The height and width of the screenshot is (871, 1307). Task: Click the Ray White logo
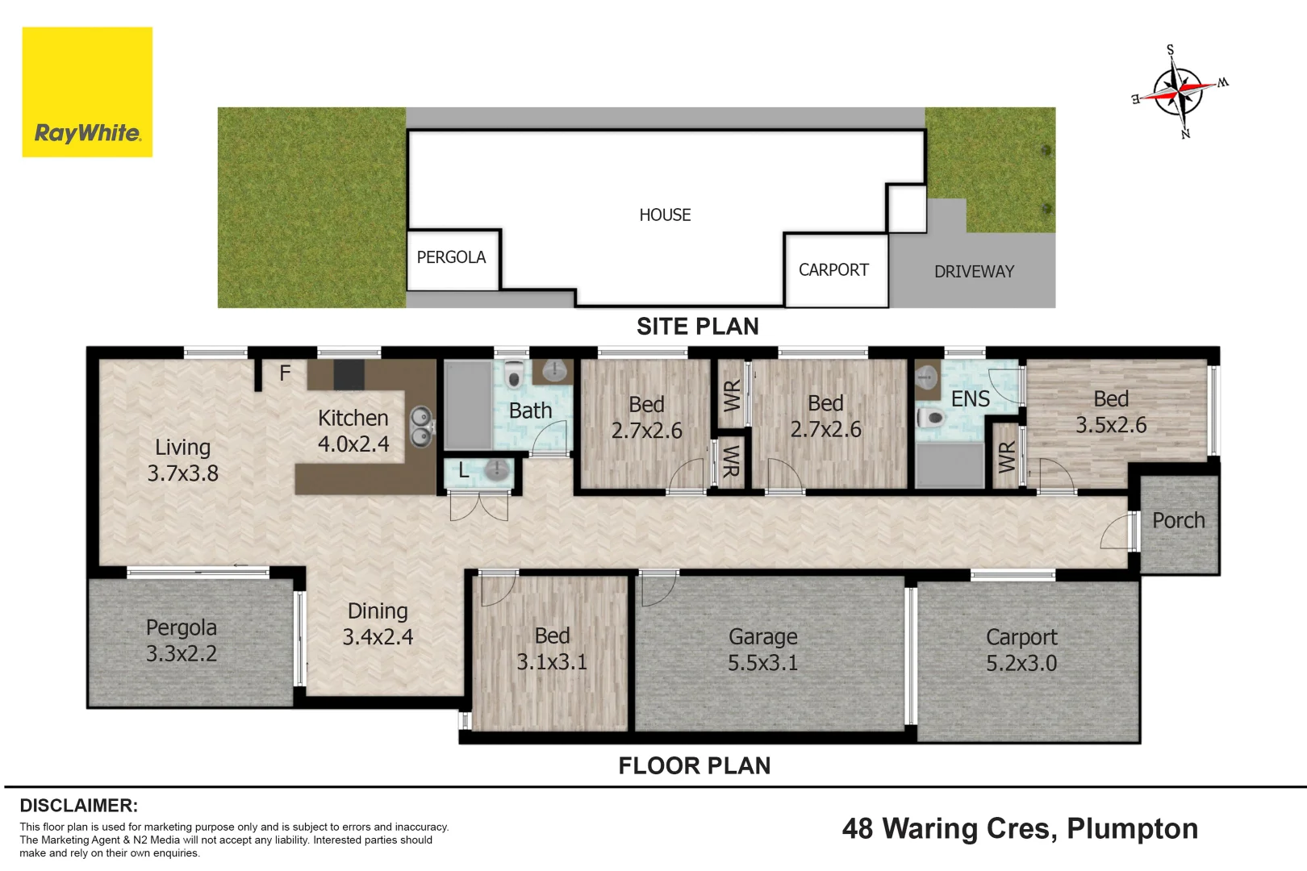pos(87,92)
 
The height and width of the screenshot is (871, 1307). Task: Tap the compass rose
pos(1180,92)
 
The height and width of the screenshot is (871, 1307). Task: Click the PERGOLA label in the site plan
pos(451,257)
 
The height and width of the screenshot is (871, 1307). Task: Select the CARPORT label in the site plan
pos(833,270)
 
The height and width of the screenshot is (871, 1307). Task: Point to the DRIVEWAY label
pos(974,272)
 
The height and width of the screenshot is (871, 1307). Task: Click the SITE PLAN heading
pos(697,326)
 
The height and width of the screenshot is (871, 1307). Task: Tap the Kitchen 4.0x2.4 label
pos(353,431)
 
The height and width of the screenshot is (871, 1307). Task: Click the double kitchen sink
pos(421,427)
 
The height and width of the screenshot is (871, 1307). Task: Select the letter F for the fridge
pos(285,373)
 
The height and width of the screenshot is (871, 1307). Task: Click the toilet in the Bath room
pos(513,374)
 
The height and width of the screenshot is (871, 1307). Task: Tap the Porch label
pos(1178,520)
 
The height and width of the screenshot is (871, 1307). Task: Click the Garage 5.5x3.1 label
pos(762,650)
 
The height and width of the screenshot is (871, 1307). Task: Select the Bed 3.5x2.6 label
pos(1111,412)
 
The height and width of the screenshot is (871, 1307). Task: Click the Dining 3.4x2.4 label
pos(378,624)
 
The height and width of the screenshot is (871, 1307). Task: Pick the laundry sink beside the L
pos(496,469)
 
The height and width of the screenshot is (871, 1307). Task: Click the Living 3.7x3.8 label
pos(182,461)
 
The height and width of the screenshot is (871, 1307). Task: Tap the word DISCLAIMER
pos(79,806)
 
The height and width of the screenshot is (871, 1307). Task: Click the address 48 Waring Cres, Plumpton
pos(1020,829)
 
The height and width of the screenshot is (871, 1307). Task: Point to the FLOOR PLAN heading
pos(695,765)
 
